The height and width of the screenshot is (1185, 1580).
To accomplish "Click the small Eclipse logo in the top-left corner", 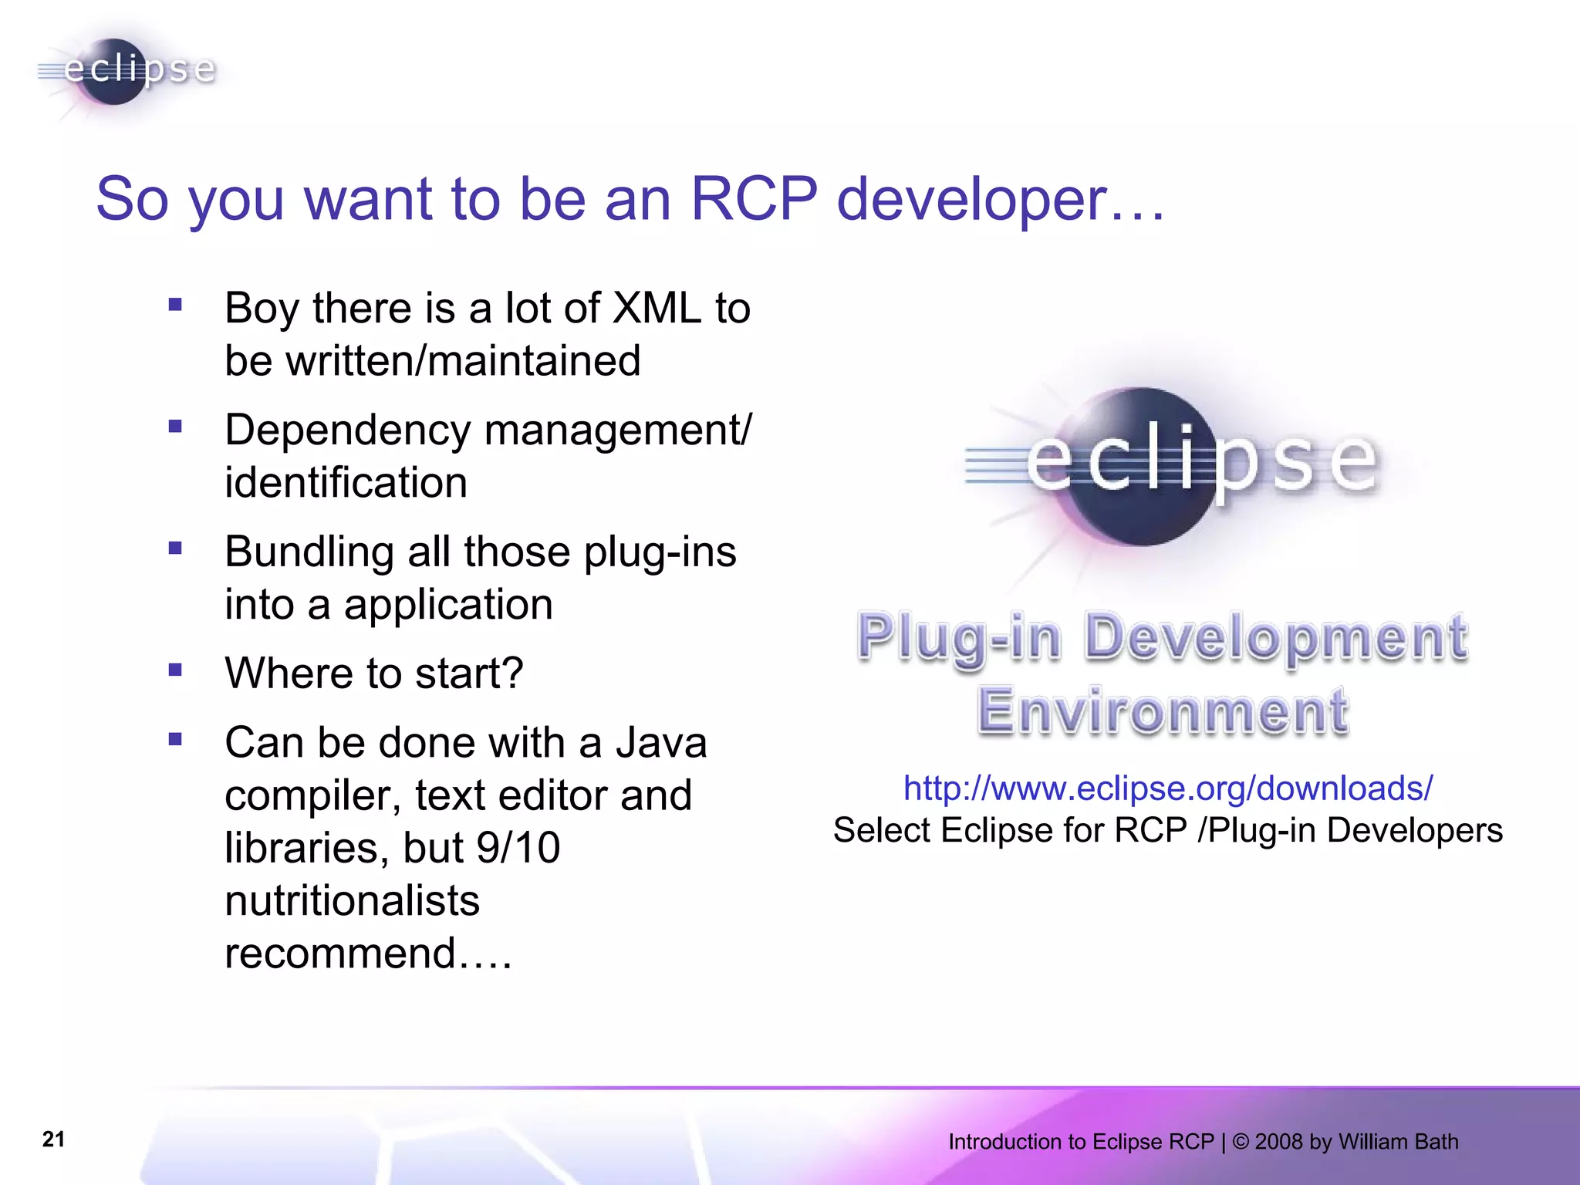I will point(127,71).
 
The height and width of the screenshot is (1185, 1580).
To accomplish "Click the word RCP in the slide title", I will point(753,199).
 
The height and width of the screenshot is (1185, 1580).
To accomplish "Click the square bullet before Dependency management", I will point(176,426).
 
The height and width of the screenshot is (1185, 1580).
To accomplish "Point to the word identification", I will point(346,483).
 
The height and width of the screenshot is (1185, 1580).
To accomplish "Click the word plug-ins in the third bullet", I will point(660,552).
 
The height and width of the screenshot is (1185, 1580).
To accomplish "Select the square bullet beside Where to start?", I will point(176,670).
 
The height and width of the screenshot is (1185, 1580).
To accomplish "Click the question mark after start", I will point(513,673).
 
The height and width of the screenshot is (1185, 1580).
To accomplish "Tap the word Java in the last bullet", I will point(661,743).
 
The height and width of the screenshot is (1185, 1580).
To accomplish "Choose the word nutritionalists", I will point(352,900).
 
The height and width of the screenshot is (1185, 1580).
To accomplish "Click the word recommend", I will point(340,953).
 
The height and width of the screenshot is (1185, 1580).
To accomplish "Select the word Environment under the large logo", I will point(1163,711).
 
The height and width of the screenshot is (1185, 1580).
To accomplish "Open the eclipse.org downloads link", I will point(1167,788).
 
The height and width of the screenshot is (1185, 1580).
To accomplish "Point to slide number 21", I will point(53,1139).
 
